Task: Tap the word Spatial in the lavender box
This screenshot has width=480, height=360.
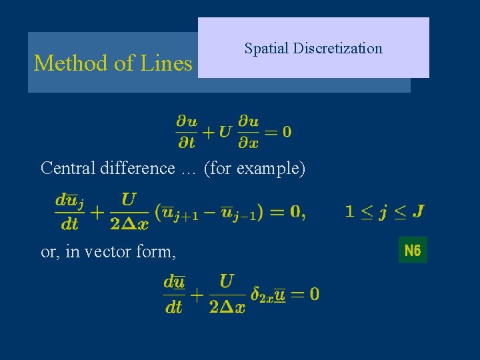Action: tap(266, 49)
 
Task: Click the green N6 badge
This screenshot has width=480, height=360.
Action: tap(413, 250)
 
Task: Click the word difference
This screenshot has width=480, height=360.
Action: tap(137, 168)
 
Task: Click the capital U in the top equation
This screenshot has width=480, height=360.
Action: tap(225, 131)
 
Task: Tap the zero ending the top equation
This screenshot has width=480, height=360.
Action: tap(287, 131)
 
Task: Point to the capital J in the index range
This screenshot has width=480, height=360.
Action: tap(418, 212)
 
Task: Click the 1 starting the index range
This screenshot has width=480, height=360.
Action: tap(349, 212)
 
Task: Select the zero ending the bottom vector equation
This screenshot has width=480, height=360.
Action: tap(313, 293)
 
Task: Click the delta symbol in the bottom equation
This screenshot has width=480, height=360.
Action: tap(256, 293)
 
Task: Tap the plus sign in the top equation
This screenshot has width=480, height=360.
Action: tap(208, 131)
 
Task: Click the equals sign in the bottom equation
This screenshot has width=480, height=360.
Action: tap(297, 293)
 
